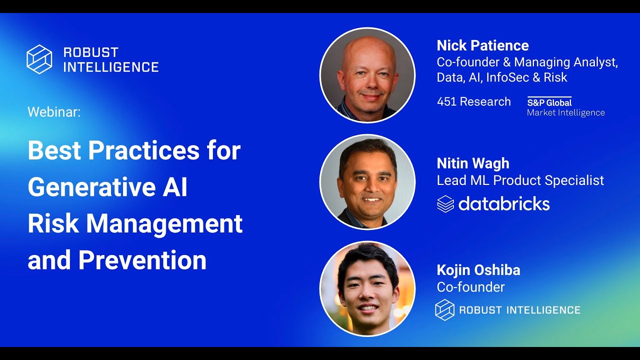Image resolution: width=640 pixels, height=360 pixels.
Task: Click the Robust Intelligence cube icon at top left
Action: (39, 59)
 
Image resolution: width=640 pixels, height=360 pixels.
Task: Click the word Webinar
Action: (54, 112)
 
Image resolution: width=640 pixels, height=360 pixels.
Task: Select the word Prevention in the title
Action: (142, 260)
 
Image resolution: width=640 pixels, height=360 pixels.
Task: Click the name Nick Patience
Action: (482, 45)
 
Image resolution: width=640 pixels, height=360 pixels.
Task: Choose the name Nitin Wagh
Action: (473, 163)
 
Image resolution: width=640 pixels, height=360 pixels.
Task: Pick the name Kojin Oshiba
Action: (478, 270)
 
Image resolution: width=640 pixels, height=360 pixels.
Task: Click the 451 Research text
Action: (473, 101)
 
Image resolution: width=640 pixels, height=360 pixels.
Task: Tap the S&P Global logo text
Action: (549, 102)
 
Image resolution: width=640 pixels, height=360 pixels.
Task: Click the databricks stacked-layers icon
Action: (445, 204)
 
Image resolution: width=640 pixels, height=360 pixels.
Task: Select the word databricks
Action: (504, 204)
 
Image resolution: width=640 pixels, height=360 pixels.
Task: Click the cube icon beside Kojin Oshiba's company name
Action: (444, 309)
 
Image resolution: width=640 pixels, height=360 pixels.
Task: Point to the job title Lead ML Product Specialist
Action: (520, 180)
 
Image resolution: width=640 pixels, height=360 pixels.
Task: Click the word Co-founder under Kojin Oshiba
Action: (470, 287)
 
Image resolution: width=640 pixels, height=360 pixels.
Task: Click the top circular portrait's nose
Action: (368, 83)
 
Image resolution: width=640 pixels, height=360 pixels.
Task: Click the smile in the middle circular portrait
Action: (371, 199)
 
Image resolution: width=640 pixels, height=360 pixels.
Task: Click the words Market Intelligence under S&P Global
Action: (565, 113)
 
